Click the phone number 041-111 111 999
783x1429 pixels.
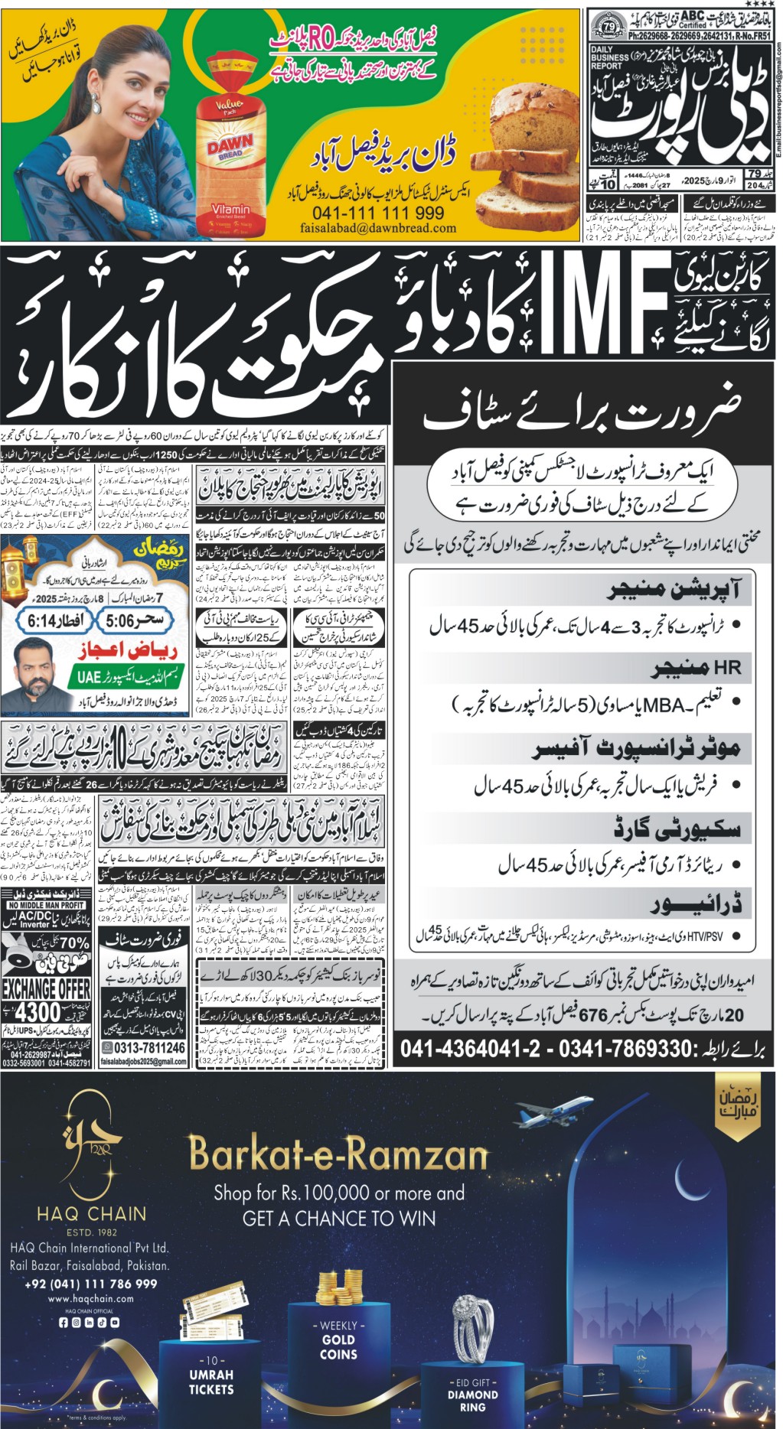(378, 213)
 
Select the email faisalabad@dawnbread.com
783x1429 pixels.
(378, 228)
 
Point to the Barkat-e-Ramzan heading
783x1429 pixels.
(338, 1153)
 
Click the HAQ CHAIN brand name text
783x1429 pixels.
(91, 1213)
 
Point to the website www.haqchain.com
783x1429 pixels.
(90, 1298)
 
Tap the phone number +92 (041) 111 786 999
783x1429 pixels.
(91, 1284)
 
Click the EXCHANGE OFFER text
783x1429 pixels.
(46, 988)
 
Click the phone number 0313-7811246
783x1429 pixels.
(143, 1047)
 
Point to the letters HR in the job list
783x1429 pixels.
(727, 668)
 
